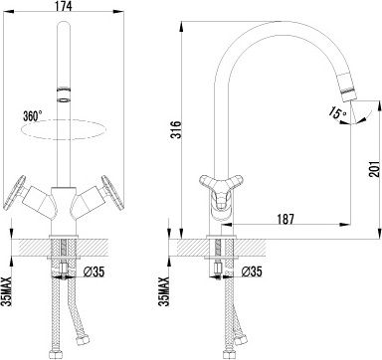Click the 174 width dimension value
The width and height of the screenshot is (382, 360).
click(63, 6)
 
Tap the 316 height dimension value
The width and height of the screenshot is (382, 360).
click(176, 130)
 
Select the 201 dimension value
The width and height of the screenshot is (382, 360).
click(374, 169)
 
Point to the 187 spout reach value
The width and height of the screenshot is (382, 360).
click(285, 219)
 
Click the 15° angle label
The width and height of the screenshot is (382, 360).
click(338, 112)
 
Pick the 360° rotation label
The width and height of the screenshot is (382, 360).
click(33, 115)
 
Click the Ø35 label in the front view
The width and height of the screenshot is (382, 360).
click(94, 271)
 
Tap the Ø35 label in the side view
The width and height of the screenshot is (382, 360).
click(251, 271)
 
